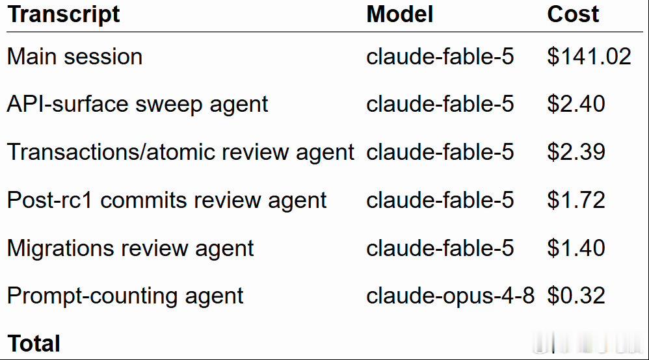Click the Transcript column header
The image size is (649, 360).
tap(64, 15)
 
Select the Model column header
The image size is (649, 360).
tap(400, 14)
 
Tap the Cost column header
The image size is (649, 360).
tap(573, 14)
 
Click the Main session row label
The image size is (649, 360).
tap(75, 57)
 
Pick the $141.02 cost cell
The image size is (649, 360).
tap(589, 57)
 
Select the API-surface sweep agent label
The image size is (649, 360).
tap(138, 104)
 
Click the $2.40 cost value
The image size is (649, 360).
tap(576, 104)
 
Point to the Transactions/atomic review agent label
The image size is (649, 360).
tap(181, 152)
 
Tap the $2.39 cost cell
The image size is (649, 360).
tap(576, 152)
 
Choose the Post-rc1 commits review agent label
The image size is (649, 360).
tap(167, 200)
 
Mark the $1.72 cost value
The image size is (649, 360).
tap(576, 200)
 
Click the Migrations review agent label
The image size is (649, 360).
tap(131, 249)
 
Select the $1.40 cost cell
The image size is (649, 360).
tap(576, 248)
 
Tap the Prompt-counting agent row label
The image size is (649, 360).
tap(126, 297)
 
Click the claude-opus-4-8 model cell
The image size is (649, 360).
tap(450, 296)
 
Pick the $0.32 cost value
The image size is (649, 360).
tap(576, 296)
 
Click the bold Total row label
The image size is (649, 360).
tap(34, 344)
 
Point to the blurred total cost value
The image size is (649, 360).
tap(588, 344)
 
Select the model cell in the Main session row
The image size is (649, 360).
tap(440, 57)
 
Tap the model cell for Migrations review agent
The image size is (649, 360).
tap(440, 248)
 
